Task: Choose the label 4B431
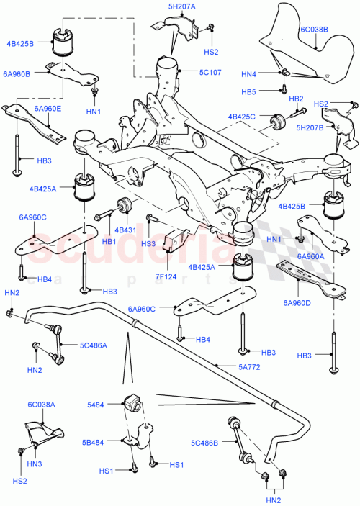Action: click(125, 230)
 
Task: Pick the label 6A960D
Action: click(297, 302)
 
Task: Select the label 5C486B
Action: click(206, 443)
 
